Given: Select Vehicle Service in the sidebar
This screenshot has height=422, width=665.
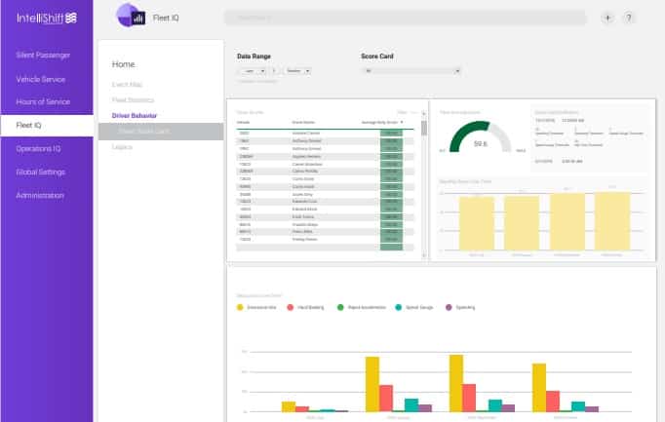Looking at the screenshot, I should click(41, 79).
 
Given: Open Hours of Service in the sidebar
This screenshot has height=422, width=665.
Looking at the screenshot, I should click(42, 102).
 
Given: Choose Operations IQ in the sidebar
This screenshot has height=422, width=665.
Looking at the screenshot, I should click(39, 149).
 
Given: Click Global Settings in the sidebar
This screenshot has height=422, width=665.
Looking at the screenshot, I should click(40, 173).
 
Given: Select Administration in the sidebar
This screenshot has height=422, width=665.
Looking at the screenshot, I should click(40, 196).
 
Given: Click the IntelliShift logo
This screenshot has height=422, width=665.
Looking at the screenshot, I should click(46, 19).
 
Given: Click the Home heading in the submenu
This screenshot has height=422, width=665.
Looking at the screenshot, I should click(124, 64).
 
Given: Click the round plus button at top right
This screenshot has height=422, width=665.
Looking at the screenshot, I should click(608, 18).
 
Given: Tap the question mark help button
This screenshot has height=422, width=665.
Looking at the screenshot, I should click(630, 18).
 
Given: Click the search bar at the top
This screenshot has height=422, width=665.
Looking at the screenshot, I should click(405, 18).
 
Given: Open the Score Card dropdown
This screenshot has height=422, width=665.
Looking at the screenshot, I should click(410, 71).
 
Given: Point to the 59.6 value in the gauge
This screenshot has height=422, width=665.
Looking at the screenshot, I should click(481, 143).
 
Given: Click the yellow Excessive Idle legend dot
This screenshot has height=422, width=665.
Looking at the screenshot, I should click(241, 307).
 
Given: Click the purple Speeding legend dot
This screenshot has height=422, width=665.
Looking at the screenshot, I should click(450, 307).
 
